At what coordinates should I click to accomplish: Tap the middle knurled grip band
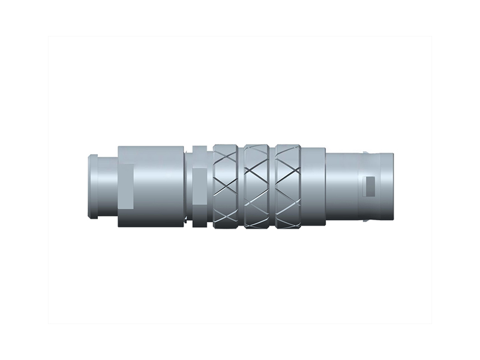(258, 187)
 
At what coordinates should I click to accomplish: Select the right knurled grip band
(288, 187)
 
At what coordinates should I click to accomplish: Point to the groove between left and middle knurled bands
(242, 187)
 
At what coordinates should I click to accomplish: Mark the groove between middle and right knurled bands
(273, 187)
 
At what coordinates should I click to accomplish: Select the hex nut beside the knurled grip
(199, 187)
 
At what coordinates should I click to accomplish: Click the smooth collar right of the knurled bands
(313, 187)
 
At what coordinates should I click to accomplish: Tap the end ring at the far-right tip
(388, 187)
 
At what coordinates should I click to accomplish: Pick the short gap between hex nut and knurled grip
(211, 187)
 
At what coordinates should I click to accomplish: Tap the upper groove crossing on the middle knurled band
(258, 162)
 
